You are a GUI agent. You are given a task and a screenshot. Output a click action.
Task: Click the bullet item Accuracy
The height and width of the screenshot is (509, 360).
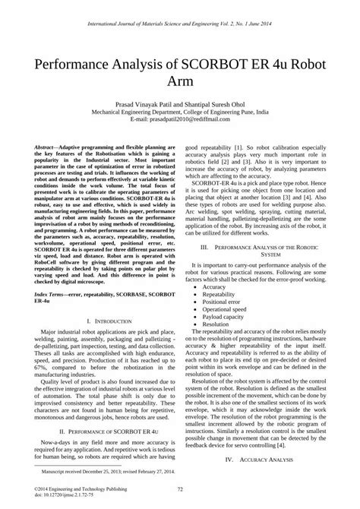click(x=216, y=287)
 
